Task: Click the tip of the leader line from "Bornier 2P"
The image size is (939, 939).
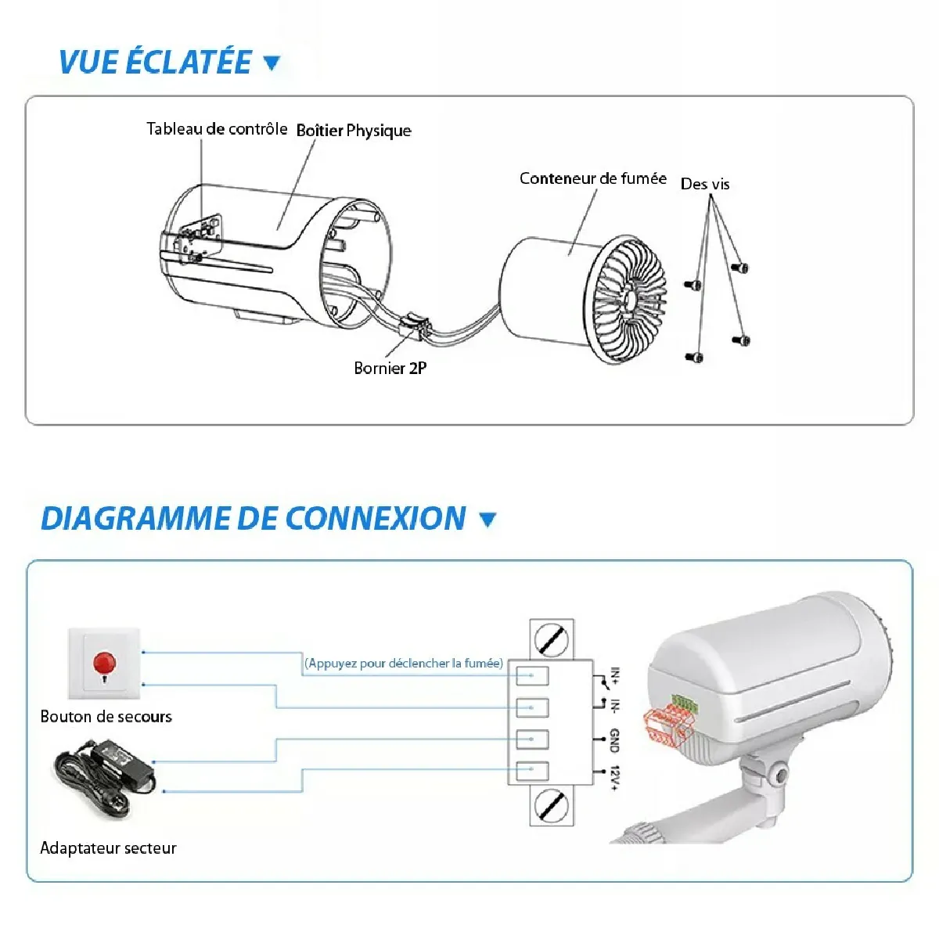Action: coord(413,329)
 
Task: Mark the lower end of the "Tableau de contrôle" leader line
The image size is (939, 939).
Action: coord(202,220)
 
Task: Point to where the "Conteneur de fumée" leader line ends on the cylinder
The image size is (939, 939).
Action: coord(570,255)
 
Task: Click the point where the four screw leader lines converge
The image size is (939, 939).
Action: coord(711,196)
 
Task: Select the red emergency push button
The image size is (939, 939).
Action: coord(104,663)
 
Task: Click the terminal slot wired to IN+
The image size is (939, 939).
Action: coord(532,675)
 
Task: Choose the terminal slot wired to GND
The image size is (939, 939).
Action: coord(532,739)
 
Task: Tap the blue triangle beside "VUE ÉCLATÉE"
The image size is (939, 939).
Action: coord(272,63)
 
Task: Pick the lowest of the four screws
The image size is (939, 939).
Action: coord(694,357)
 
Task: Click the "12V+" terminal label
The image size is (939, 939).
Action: coord(614,778)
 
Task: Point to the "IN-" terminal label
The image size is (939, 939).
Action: coord(615,706)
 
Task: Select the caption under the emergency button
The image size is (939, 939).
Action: coord(106,716)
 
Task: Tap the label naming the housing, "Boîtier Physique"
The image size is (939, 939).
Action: coord(354,131)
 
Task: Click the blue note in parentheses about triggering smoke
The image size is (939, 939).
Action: coord(404,664)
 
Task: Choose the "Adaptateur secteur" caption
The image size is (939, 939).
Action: coord(108,848)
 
